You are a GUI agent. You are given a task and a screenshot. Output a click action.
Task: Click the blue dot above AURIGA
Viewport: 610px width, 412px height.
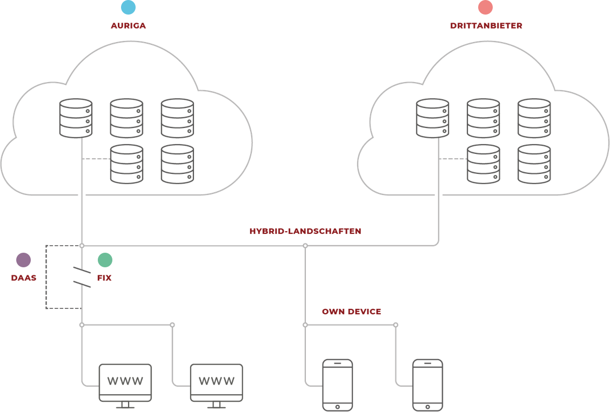pos(128,7)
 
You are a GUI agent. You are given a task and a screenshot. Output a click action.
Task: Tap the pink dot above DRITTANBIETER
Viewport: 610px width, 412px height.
pos(486,7)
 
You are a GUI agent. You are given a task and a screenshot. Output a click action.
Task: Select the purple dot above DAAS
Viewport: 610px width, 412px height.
pos(23,260)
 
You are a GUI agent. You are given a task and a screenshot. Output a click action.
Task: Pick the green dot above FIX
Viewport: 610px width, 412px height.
pos(105,260)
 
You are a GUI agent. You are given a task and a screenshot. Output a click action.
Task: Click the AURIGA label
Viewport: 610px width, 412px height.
pos(128,25)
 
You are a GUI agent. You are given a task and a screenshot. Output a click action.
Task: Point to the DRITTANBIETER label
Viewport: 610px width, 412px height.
pos(486,25)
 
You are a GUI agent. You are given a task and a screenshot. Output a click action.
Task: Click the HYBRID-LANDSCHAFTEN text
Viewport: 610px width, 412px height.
pos(305,231)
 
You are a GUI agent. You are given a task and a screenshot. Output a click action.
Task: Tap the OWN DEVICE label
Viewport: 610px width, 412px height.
pos(351,312)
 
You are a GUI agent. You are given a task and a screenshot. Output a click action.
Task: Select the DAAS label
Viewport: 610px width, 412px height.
pos(23,278)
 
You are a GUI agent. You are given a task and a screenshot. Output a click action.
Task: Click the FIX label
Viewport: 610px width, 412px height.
pos(104,278)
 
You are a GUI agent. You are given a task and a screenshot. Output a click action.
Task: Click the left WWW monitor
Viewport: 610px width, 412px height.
pos(125,381)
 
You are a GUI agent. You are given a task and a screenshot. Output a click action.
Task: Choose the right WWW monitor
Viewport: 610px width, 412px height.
pos(216,381)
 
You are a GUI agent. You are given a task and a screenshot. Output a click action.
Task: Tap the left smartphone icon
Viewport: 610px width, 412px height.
pos(337,385)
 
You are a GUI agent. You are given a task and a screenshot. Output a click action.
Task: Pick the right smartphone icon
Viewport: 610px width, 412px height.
pos(427,385)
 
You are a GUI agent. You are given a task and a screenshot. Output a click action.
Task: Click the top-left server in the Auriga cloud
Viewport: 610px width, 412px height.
pos(76,118)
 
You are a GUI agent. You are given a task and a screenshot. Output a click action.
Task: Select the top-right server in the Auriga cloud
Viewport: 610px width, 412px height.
pos(177,118)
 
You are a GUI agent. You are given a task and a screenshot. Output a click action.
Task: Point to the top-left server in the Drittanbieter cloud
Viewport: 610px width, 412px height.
pos(432,118)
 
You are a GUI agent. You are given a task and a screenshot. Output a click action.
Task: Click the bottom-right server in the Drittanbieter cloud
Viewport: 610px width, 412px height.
pos(534,164)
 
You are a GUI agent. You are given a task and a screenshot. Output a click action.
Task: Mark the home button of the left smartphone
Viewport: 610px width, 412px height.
pos(337,406)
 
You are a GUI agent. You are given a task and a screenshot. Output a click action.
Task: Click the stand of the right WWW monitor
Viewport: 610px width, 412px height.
pos(216,404)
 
